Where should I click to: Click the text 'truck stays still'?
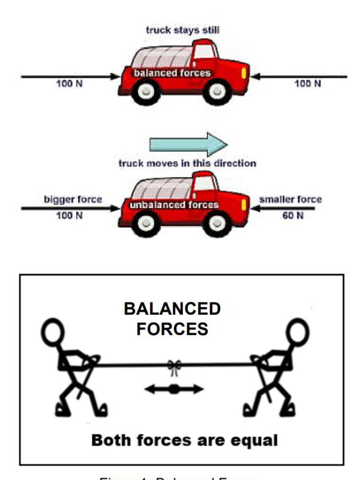tap(182, 30)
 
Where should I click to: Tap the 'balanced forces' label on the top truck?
tap(172, 73)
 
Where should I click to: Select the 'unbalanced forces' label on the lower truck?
tap(174, 205)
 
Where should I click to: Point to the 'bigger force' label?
tap(73, 199)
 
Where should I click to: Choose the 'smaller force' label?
tap(291, 199)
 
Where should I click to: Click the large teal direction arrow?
tap(188, 144)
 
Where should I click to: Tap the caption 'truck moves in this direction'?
tap(187, 164)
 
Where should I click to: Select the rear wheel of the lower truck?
tap(146, 223)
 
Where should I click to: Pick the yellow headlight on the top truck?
tap(243, 73)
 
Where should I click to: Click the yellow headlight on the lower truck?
tap(243, 205)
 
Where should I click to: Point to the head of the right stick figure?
tap(297, 332)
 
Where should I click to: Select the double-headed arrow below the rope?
tap(174, 389)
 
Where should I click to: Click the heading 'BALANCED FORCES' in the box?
tap(172, 319)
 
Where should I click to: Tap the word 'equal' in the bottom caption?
tap(256, 440)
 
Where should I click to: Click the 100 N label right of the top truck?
tap(307, 83)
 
